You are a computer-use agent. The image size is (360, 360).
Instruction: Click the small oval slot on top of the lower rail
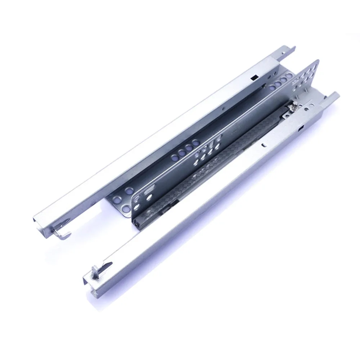(264, 145)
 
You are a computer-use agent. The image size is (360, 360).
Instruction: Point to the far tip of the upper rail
(293, 48)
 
